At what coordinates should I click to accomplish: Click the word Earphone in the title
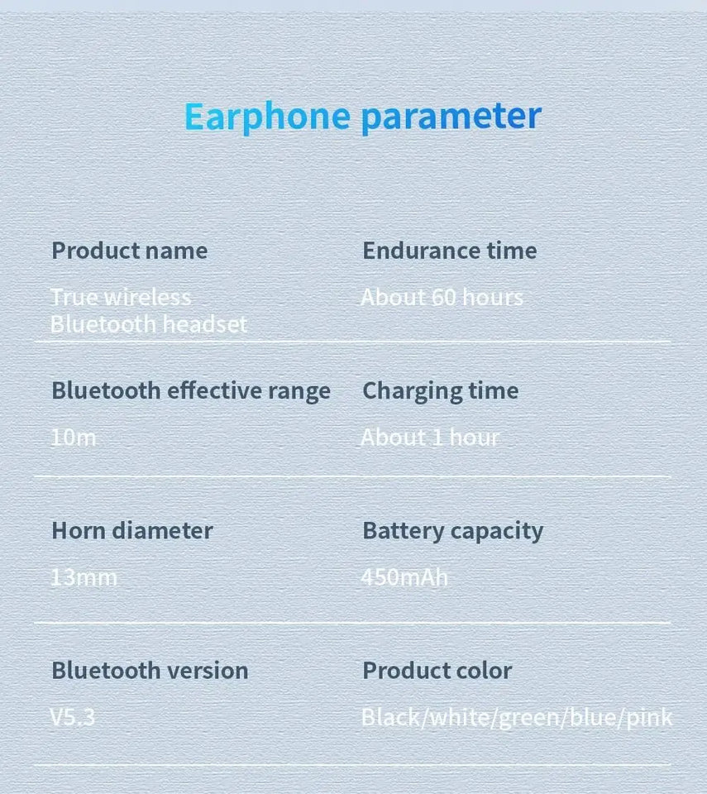(x=267, y=117)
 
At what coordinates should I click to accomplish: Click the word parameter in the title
(x=451, y=117)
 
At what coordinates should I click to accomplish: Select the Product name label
(x=129, y=251)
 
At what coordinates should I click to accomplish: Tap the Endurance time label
(x=449, y=251)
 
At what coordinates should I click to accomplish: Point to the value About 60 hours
(x=442, y=298)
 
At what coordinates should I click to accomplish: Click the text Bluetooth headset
(x=149, y=323)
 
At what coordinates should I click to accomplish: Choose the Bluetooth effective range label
(x=190, y=390)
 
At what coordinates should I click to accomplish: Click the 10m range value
(x=74, y=438)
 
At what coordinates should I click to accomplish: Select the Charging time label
(x=440, y=390)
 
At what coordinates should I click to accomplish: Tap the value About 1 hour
(x=430, y=438)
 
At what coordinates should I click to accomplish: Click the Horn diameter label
(x=131, y=530)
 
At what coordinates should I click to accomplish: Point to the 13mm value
(x=84, y=577)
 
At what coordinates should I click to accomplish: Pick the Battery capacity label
(x=452, y=530)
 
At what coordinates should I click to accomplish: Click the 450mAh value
(x=404, y=577)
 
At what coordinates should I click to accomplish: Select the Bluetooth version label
(x=150, y=670)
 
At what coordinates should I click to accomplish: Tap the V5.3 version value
(x=73, y=717)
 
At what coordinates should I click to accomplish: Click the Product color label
(x=437, y=670)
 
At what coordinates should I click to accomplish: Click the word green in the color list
(x=528, y=717)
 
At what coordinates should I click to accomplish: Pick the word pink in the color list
(x=648, y=717)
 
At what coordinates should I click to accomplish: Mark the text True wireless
(x=121, y=298)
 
